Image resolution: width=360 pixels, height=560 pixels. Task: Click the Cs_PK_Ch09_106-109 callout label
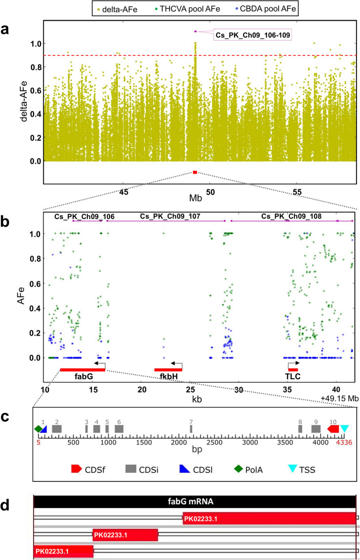252,35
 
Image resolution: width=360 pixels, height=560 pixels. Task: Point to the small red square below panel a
195,172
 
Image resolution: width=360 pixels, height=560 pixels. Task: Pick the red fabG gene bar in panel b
82,370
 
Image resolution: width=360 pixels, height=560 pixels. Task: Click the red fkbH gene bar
168,370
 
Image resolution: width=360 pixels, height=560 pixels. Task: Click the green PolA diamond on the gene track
38,429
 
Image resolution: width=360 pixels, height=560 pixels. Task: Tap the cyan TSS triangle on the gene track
344,429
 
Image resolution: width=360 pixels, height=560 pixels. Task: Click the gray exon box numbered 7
191,429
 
